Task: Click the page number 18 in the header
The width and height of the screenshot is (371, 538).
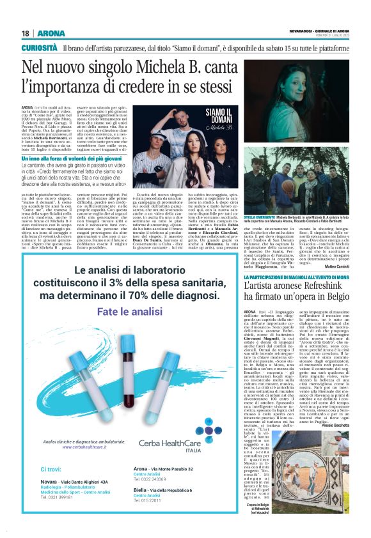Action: [x=26, y=33]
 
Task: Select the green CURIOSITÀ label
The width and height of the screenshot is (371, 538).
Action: [x=40, y=48]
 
